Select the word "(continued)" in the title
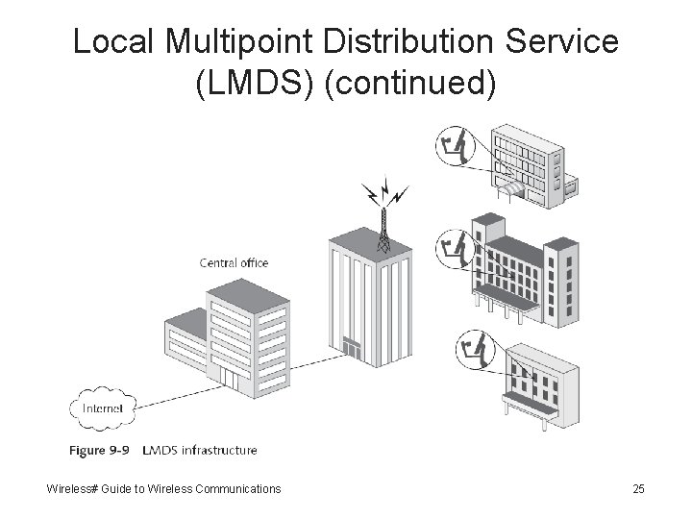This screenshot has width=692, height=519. tap(411, 84)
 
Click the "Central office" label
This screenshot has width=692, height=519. tap(234, 262)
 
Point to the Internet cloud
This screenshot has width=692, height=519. tap(102, 408)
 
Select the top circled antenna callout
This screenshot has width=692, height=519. tap(454, 148)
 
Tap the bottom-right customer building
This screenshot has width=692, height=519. tap(538, 384)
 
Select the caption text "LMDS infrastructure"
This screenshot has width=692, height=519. tap(199, 450)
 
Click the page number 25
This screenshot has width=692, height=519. tap(638, 489)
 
